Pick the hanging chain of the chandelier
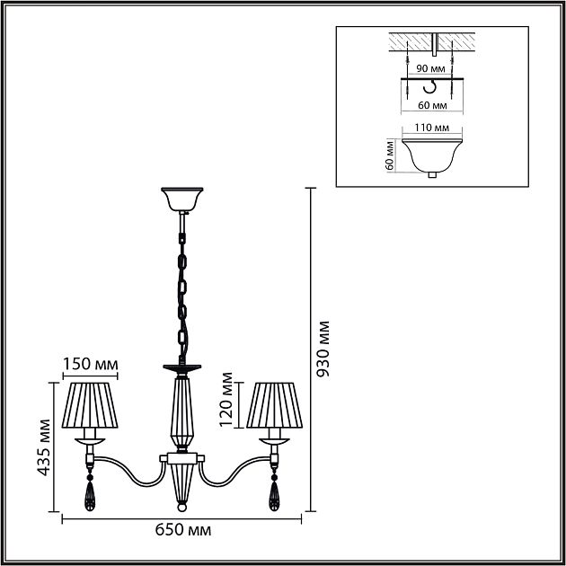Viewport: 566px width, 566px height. [x=182, y=287]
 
